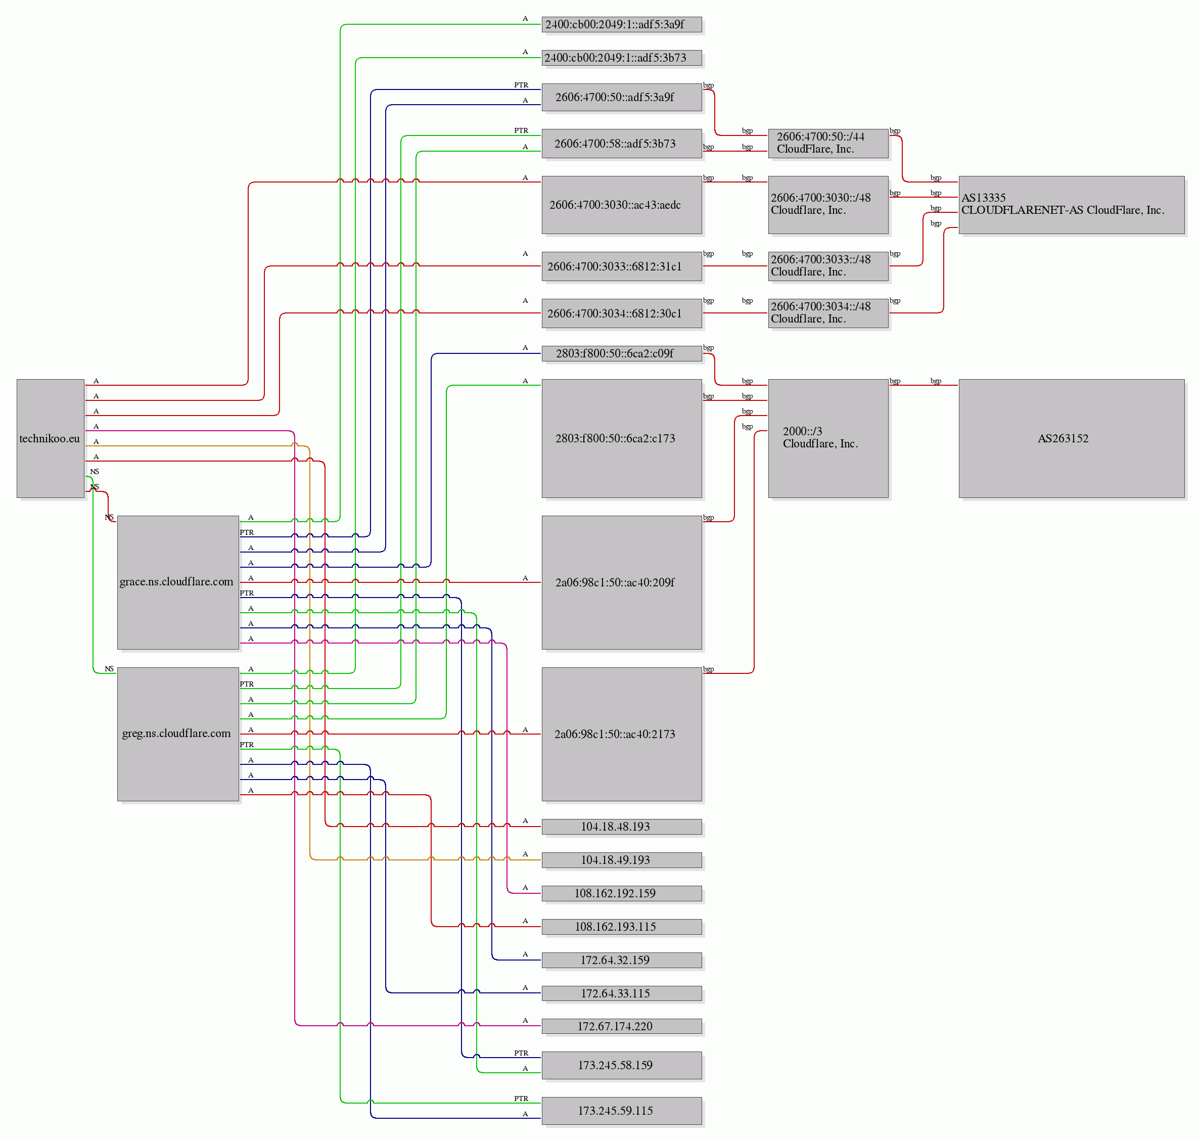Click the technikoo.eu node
pyautogui.click(x=51, y=438)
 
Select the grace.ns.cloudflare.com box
pyautogui.click(x=178, y=582)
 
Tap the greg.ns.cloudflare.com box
pyautogui.click(x=178, y=734)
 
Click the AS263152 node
pyautogui.click(x=1072, y=438)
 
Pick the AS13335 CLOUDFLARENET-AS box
pyautogui.click(x=1072, y=205)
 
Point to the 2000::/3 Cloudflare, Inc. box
pyautogui.click(x=828, y=438)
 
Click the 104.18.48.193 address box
pyautogui.click(x=622, y=827)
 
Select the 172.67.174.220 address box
pyautogui.click(x=622, y=1026)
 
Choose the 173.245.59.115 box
pyautogui.click(x=622, y=1111)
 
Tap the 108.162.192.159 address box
pyautogui.click(x=622, y=893)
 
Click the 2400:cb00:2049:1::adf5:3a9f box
pyautogui.click(x=622, y=24)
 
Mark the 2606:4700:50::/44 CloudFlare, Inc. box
pyautogui.click(x=828, y=144)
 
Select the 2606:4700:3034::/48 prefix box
pyautogui.click(x=828, y=313)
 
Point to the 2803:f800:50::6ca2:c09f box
pyautogui.click(x=622, y=353)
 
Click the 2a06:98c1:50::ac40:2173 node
pyautogui.click(x=622, y=734)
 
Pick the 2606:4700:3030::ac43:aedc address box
pyautogui.click(x=622, y=205)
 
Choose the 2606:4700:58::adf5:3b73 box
pyautogui.click(x=622, y=144)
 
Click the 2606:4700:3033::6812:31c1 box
pyautogui.click(x=622, y=266)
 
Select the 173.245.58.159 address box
pyautogui.click(x=622, y=1065)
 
